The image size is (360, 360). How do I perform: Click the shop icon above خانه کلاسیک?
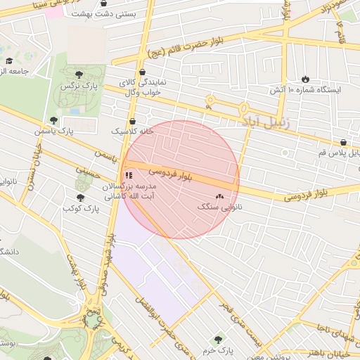[131, 119]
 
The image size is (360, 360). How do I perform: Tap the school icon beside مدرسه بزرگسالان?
[128, 175]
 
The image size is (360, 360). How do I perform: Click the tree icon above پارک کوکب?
[80, 198]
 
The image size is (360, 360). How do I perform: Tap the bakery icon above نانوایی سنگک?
[219, 196]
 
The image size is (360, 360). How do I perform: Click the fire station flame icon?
[304, 79]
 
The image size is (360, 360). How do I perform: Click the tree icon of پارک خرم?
[219, 340]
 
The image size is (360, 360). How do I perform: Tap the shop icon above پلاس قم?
[342, 142]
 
